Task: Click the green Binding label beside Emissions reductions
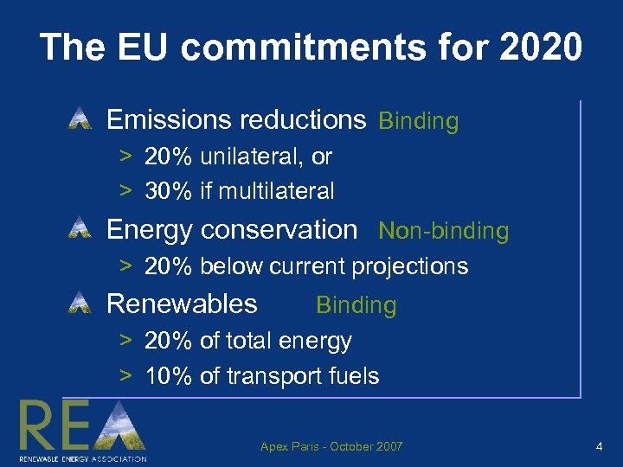tap(418, 122)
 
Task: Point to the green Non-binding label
tap(444, 231)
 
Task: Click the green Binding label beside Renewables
tap(356, 305)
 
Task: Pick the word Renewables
tap(182, 304)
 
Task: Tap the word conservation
tap(278, 230)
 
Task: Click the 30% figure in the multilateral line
tap(168, 190)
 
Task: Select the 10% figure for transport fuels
tap(168, 375)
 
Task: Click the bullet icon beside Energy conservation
tap(80, 229)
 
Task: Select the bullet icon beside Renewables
tap(80, 303)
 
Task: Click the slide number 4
tap(599, 447)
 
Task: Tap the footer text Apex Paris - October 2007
tap(331, 447)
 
